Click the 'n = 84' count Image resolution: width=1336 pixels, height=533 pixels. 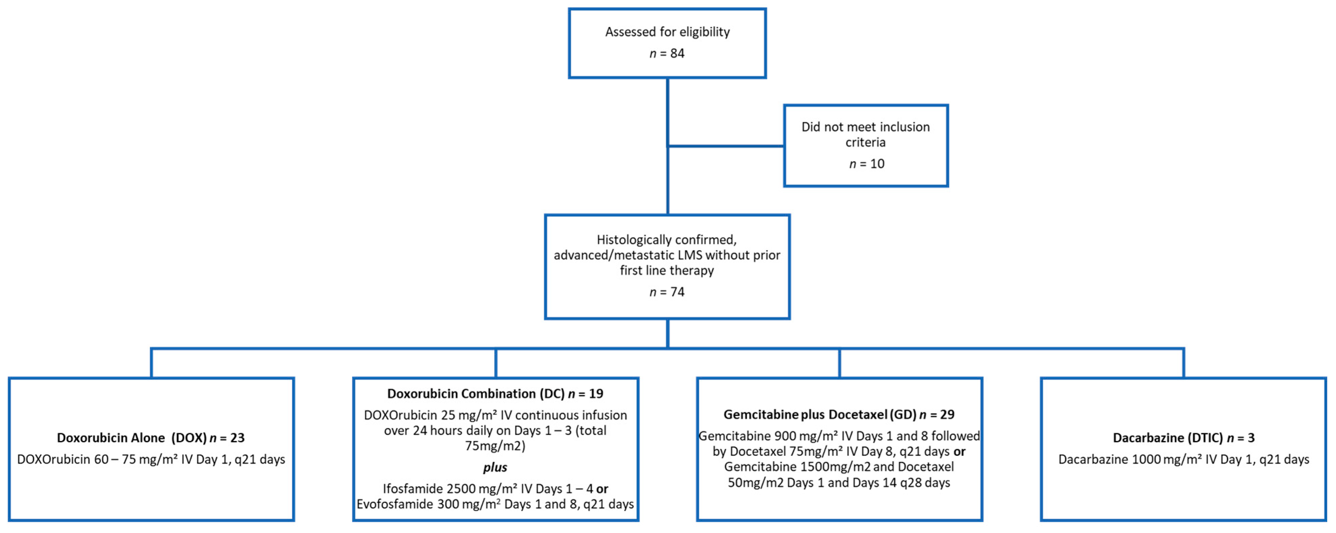[667, 54]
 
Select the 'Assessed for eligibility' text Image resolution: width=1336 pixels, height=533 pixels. [667, 32]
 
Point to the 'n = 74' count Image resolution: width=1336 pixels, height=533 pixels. [667, 292]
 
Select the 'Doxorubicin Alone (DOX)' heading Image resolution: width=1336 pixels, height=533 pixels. [132, 438]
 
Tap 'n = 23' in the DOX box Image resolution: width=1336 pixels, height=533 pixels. [227, 438]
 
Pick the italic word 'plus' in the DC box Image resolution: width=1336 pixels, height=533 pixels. [495, 467]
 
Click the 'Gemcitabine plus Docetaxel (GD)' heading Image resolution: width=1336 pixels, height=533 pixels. [820, 414]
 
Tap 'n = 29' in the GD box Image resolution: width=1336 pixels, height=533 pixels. [937, 414]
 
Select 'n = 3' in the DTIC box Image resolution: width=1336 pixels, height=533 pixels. [1241, 438]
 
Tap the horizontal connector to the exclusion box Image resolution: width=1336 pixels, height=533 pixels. [726, 146]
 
